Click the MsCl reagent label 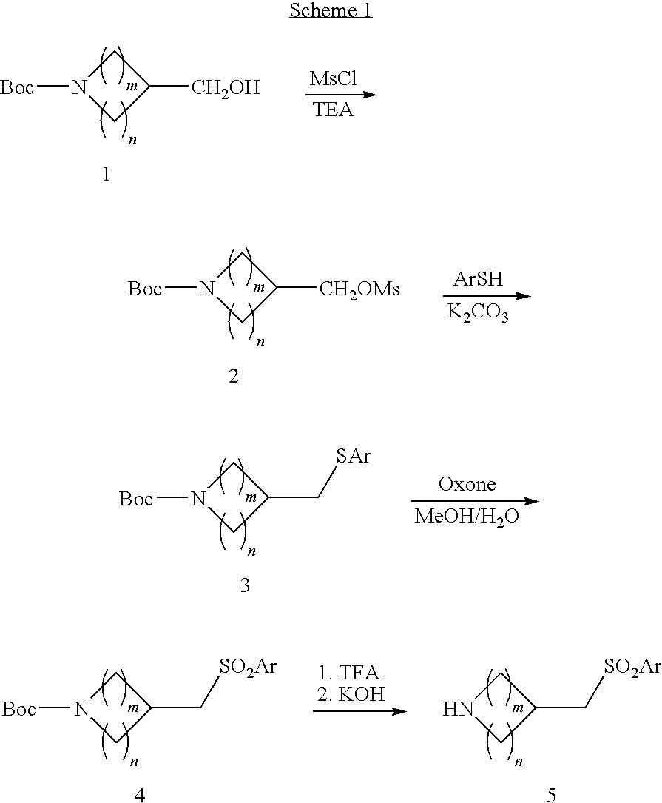click(333, 79)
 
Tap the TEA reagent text click(332, 110)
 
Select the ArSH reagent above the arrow click(479, 280)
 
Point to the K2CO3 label click(477, 312)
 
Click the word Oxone click(467, 485)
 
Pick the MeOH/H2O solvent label click(467, 517)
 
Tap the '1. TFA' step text click(348, 673)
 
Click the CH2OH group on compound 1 click(226, 89)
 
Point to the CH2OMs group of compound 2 click(359, 289)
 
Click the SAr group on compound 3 click(353, 457)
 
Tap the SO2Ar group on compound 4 click(248, 667)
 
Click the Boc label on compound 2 click(145, 289)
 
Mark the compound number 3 click(245, 586)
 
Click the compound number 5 click(551, 795)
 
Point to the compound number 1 click(106, 175)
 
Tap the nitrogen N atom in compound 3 click(198, 500)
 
